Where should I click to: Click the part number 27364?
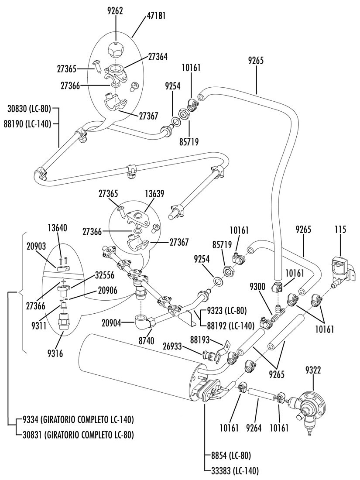tap(158, 57)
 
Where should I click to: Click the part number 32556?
tap(105, 276)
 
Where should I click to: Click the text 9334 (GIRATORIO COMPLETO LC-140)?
tap(78, 420)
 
